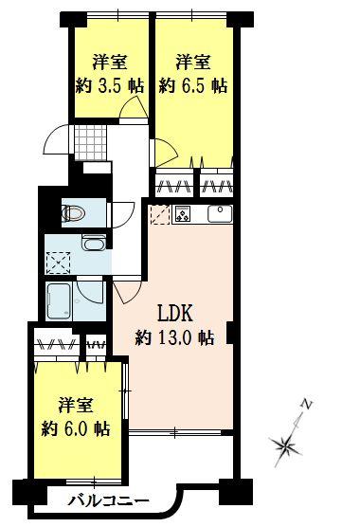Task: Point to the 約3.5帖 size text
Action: pyautogui.click(x=110, y=84)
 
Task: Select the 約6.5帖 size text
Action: pyautogui.click(x=192, y=84)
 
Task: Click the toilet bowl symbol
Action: pyautogui.click(x=74, y=212)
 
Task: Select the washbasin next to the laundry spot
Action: pyautogui.click(x=93, y=244)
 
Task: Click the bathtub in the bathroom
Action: pyautogui.click(x=59, y=302)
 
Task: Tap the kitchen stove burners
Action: pyautogui.click(x=183, y=212)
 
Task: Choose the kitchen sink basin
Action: pyautogui.click(x=219, y=212)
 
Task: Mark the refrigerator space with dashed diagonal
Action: pyautogui.click(x=157, y=214)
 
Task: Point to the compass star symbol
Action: pyautogui.click(x=285, y=442)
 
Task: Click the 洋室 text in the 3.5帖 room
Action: pyautogui.click(x=110, y=63)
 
